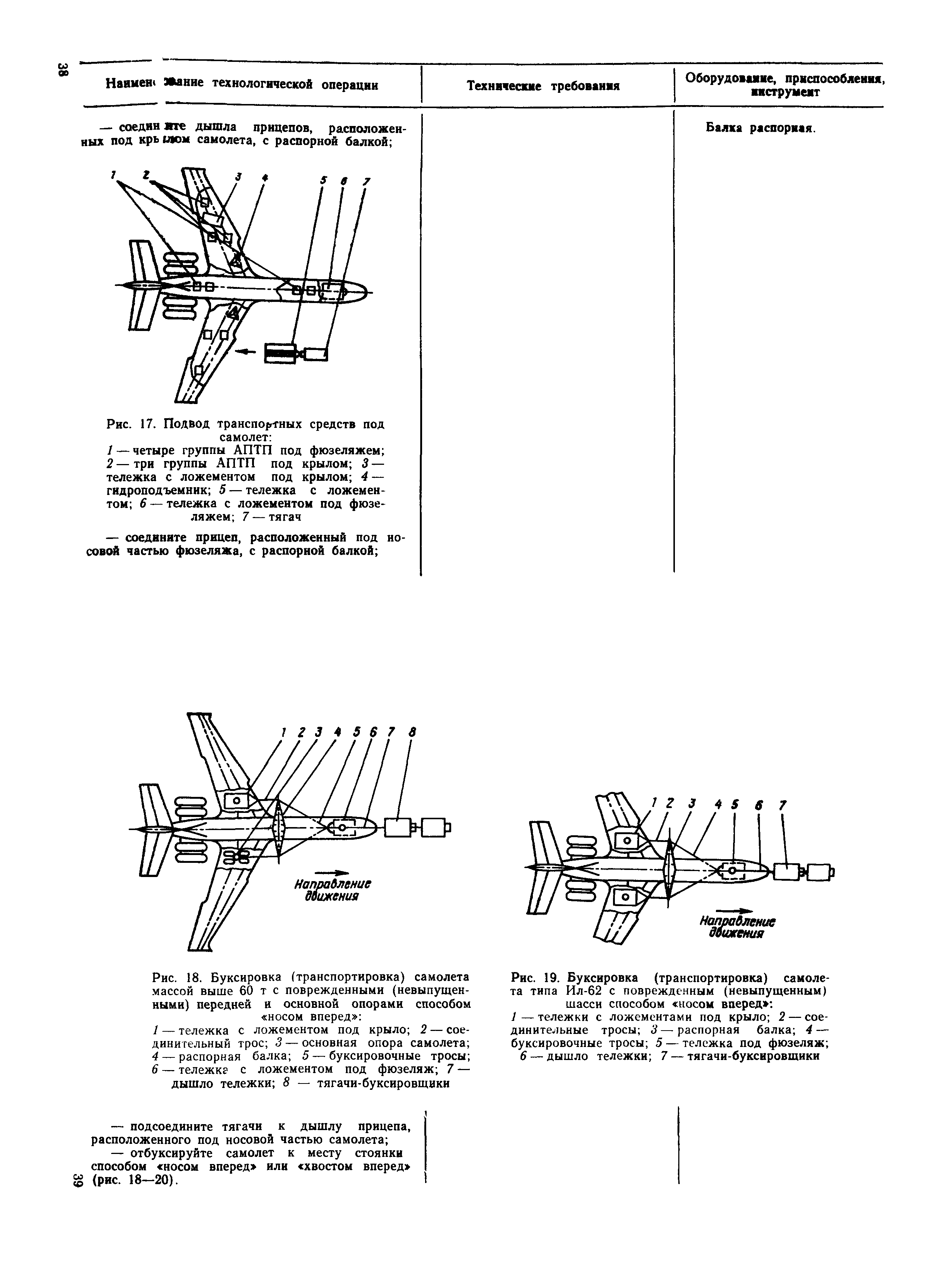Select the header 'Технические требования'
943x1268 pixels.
543,86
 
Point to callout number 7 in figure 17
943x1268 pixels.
367,182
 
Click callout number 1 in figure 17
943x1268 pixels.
114,175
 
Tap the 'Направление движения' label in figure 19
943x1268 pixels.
738,928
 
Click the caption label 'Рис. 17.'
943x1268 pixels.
131,425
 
